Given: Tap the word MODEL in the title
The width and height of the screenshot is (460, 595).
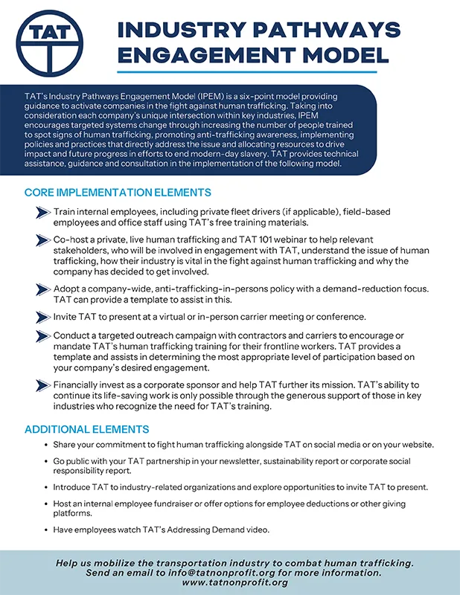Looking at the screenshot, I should [x=339, y=55].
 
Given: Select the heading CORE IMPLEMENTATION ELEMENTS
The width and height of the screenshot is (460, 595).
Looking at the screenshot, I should [x=118, y=193].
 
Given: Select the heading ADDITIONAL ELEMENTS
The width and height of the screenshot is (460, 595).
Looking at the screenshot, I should [x=86, y=429].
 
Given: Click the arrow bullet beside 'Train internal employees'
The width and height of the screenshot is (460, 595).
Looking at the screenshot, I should [x=43, y=212].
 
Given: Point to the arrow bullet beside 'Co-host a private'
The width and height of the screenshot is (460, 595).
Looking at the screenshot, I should [x=43, y=239].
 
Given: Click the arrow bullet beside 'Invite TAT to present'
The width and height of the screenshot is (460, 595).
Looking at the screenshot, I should [x=43, y=316].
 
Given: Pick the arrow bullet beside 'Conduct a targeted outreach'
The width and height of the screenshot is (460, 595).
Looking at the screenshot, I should [x=43, y=336].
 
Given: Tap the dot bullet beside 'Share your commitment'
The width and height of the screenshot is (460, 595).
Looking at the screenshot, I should [x=46, y=445].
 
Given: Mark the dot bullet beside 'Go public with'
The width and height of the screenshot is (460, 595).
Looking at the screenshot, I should [x=46, y=462].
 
